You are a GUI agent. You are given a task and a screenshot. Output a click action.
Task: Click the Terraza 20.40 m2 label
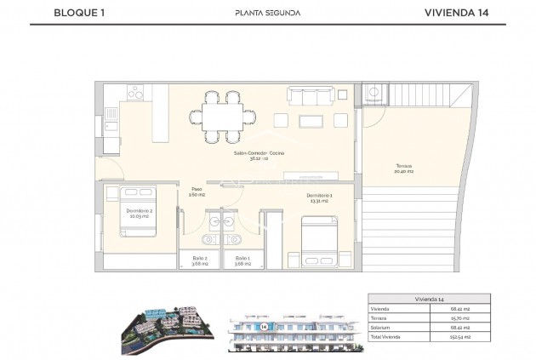pyautogui.click(x=403, y=168)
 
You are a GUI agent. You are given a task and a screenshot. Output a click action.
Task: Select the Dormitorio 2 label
pyautogui.click(x=139, y=213)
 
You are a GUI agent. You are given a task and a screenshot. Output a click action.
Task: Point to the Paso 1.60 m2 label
pyautogui.click(x=197, y=192)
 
